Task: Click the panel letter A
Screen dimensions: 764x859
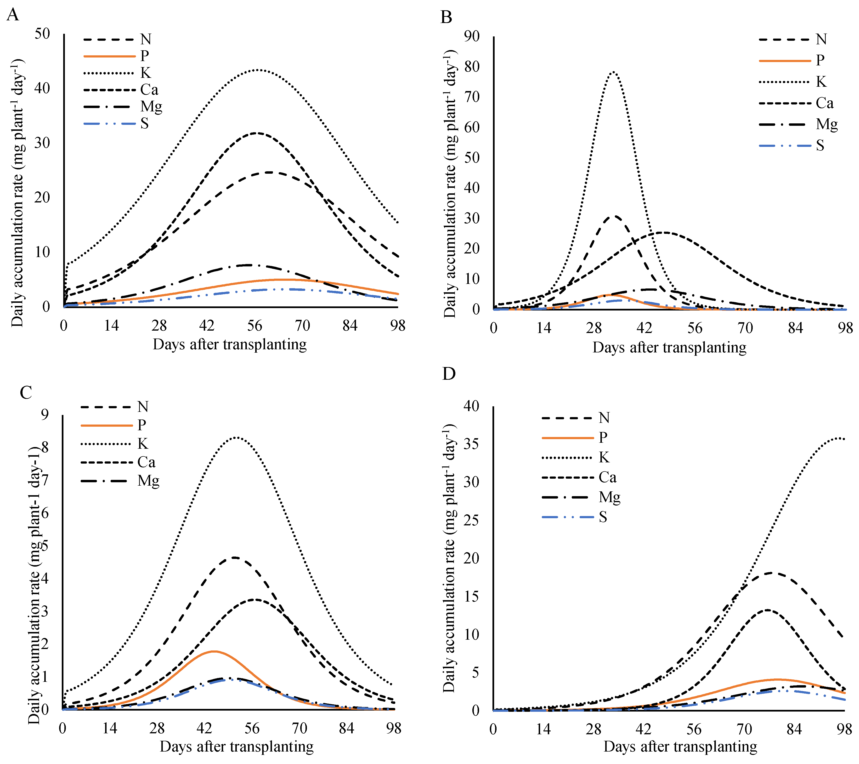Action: tap(13, 15)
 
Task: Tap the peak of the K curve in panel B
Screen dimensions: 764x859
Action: tap(613, 72)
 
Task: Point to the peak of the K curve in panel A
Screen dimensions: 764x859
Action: tap(259, 70)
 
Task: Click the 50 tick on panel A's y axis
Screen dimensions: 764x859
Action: tap(42, 34)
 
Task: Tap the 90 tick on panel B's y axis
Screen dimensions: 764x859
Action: tap(472, 36)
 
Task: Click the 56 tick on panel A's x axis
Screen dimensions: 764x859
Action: tap(255, 326)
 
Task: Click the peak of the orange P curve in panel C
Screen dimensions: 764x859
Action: tap(214, 651)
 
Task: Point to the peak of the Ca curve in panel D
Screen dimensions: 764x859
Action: tap(767, 610)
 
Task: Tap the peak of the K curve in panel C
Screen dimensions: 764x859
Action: tap(236, 437)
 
